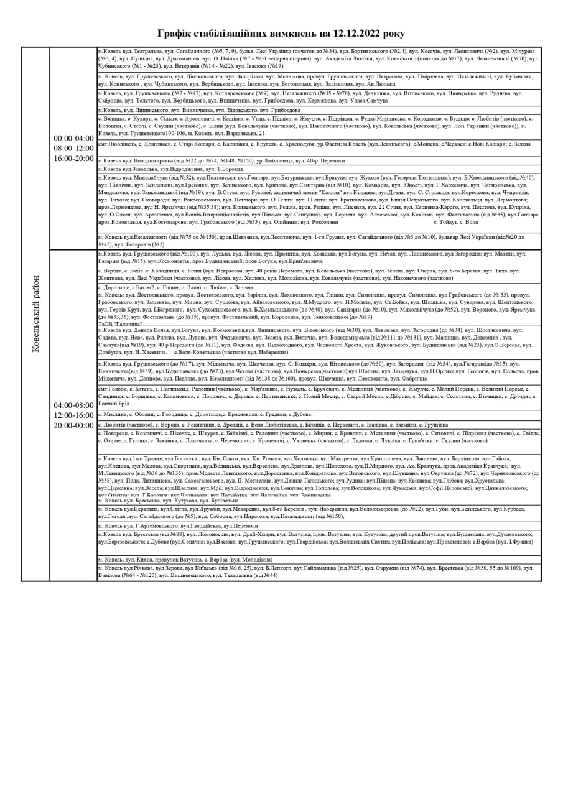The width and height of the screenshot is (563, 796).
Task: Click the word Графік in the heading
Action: point(175,34)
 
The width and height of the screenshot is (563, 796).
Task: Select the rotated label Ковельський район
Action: point(35,314)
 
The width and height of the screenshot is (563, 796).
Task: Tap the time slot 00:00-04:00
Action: point(73,139)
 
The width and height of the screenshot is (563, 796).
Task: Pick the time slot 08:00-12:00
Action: point(73,149)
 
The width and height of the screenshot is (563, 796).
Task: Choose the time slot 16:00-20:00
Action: point(73,159)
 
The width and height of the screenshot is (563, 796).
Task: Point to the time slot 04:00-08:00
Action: point(73,405)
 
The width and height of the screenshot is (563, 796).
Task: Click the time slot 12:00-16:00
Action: point(73,415)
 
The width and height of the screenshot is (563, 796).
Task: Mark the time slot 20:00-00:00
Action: point(73,425)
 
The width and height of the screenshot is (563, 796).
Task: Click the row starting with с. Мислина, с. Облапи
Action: point(205,414)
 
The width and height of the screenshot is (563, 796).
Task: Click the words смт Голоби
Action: point(109,389)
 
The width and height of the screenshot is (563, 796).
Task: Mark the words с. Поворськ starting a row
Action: point(112,433)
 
